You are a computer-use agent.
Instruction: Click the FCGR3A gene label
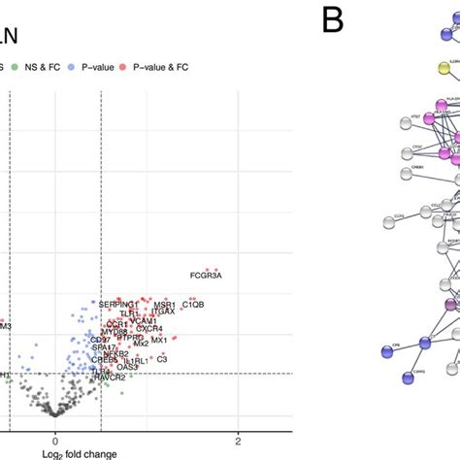pyautogui.click(x=206, y=276)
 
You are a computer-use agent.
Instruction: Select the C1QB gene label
pyautogui.click(x=193, y=305)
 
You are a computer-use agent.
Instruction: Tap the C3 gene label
pyautogui.click(x=162, y=359)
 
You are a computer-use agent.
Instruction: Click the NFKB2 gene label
pyautogui.click(x=115, y=353)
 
